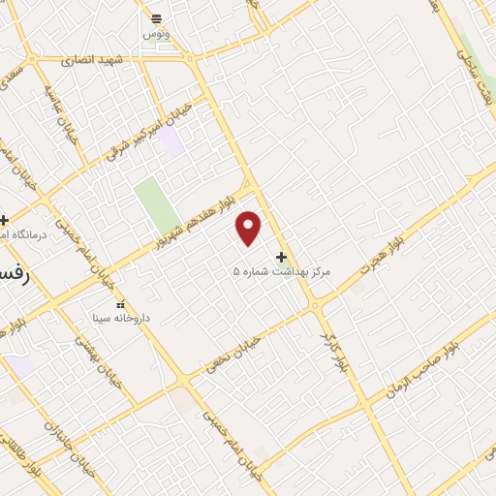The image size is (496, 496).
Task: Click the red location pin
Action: click(249, 228)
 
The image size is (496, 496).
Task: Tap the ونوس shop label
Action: click(154, 33)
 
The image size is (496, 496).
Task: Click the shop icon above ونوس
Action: click(154, 18)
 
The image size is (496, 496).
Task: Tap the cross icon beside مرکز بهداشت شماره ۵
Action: click(282, 258)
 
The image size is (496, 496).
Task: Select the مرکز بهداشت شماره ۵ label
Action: click(282, 272)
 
